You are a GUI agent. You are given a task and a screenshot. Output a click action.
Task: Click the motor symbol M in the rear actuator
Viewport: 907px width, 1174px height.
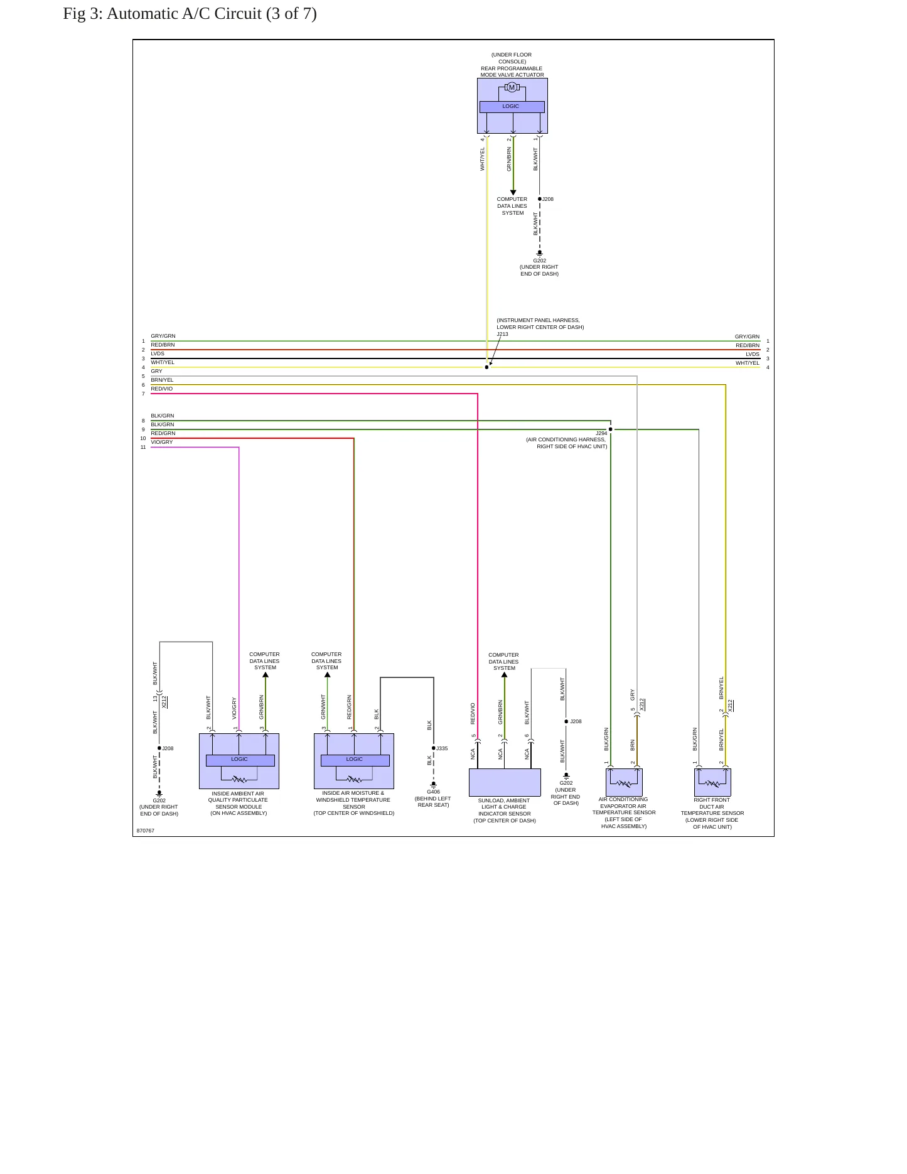point(512,87)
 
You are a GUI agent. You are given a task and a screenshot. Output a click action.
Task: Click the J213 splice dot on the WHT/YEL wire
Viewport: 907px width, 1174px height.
point(486,367)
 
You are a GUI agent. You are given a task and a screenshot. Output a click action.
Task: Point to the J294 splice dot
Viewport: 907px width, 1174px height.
point(610,429)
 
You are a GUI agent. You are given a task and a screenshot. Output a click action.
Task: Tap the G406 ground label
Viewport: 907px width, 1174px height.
point(433,792)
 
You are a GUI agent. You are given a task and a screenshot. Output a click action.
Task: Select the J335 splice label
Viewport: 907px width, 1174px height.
point(442,748)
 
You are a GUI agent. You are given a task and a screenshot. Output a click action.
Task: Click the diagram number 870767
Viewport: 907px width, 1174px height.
point(146,831)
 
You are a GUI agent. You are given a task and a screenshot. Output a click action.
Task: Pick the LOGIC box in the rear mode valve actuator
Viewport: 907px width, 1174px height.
point(512,107)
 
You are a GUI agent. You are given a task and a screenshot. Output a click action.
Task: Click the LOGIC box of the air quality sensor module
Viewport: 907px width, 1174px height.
point(240,760)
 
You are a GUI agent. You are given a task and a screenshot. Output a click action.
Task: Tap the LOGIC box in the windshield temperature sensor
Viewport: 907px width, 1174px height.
point(355,760)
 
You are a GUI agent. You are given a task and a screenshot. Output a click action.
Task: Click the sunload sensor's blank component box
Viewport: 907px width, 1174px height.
point(505,782)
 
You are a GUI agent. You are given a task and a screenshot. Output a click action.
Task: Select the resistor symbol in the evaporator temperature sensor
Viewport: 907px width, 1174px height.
point(624,784)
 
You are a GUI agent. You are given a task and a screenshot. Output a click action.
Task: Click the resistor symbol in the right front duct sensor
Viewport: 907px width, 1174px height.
point(712,784)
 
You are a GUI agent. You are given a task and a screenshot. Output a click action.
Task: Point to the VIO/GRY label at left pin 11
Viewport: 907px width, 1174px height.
point(162,442)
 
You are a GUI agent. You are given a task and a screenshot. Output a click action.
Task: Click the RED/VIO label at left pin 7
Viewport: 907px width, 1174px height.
point(162,389)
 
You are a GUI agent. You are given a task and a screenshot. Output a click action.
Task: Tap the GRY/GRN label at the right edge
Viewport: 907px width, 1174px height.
point(747,337)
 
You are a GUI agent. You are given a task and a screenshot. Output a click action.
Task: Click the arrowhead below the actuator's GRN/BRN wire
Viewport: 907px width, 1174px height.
point(513,193)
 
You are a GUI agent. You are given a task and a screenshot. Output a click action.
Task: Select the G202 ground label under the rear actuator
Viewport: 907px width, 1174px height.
point(539,261)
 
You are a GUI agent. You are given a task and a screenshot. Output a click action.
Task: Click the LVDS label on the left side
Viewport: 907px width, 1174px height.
point(158,353)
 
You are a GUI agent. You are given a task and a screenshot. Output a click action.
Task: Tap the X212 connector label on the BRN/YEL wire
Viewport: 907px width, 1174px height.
point(730,706)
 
